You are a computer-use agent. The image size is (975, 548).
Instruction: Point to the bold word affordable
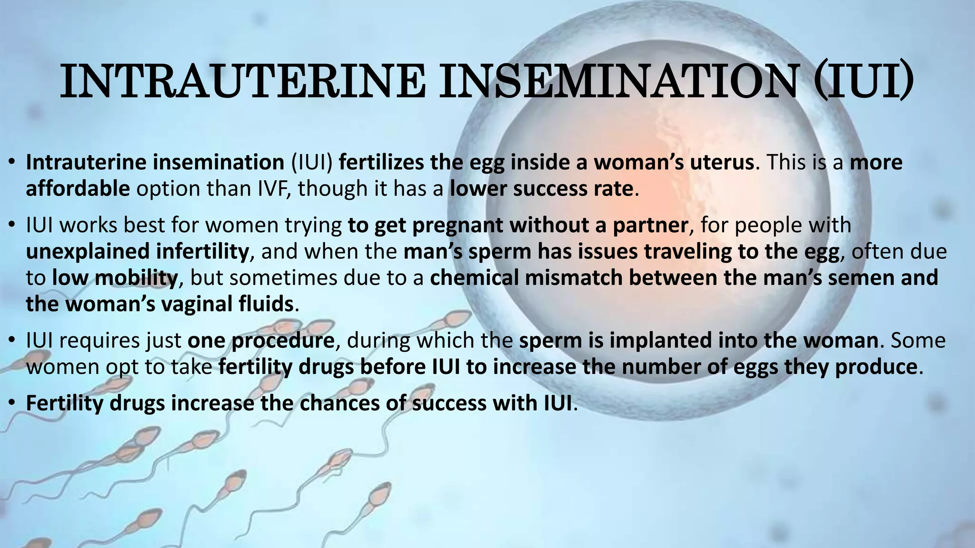(x=78, y=189)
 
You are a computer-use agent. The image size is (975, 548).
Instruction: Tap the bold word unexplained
(x=88, y=252)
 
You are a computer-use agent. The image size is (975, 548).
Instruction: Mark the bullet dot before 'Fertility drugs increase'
(x=13, y=403)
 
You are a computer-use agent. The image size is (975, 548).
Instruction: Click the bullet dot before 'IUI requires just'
(x=13, y=341)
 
